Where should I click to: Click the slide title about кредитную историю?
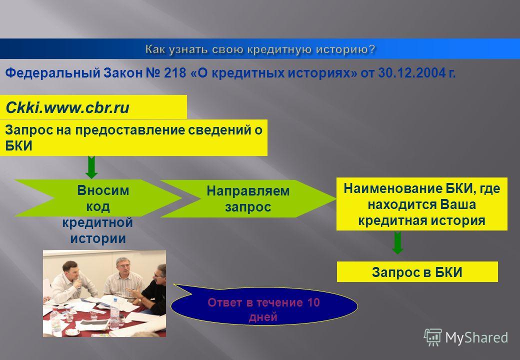click(260, 49)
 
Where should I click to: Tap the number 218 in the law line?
click(175, 73)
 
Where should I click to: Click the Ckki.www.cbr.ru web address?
click(67, 107)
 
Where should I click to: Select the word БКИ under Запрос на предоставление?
click(18, 146)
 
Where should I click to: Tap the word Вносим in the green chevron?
click(103, 190)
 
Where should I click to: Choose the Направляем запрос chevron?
click(248, 199)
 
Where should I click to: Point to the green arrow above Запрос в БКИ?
click(397, 242)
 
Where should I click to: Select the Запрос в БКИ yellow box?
click(417, 272)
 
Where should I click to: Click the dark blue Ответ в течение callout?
click(264, 305)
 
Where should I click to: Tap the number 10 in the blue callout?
click(313, 302)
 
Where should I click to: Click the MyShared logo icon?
click(433, 337)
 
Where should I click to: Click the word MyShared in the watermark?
click(476, 338)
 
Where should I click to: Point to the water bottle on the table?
click(115, 313)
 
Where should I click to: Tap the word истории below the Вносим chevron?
click(98, 238)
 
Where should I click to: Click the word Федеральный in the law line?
click(52, 73)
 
